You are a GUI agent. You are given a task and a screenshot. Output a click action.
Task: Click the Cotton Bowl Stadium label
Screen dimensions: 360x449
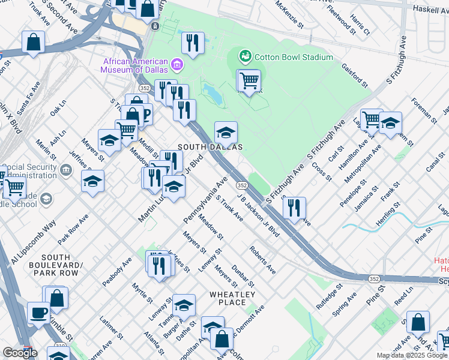click(294, 57)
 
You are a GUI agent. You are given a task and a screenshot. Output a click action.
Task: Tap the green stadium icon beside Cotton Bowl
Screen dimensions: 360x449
click(245, 57)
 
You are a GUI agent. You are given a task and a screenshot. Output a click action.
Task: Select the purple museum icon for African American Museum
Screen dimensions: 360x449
click(176, 64)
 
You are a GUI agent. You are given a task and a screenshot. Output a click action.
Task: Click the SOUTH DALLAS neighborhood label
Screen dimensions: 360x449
click(210, 147)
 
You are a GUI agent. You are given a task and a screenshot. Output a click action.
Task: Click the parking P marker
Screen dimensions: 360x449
click(145, 114)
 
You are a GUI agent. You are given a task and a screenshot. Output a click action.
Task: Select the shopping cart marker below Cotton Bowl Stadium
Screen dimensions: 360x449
click(249, 80)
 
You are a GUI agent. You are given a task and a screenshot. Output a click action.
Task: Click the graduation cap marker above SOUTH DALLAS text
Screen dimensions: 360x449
click(226, 132)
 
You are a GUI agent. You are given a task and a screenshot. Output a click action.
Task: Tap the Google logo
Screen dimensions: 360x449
click(20, 353)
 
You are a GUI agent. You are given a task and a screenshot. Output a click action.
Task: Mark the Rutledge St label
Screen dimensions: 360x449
click(330, 295)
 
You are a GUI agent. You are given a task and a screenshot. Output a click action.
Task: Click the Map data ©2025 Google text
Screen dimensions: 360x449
click(412, 355)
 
